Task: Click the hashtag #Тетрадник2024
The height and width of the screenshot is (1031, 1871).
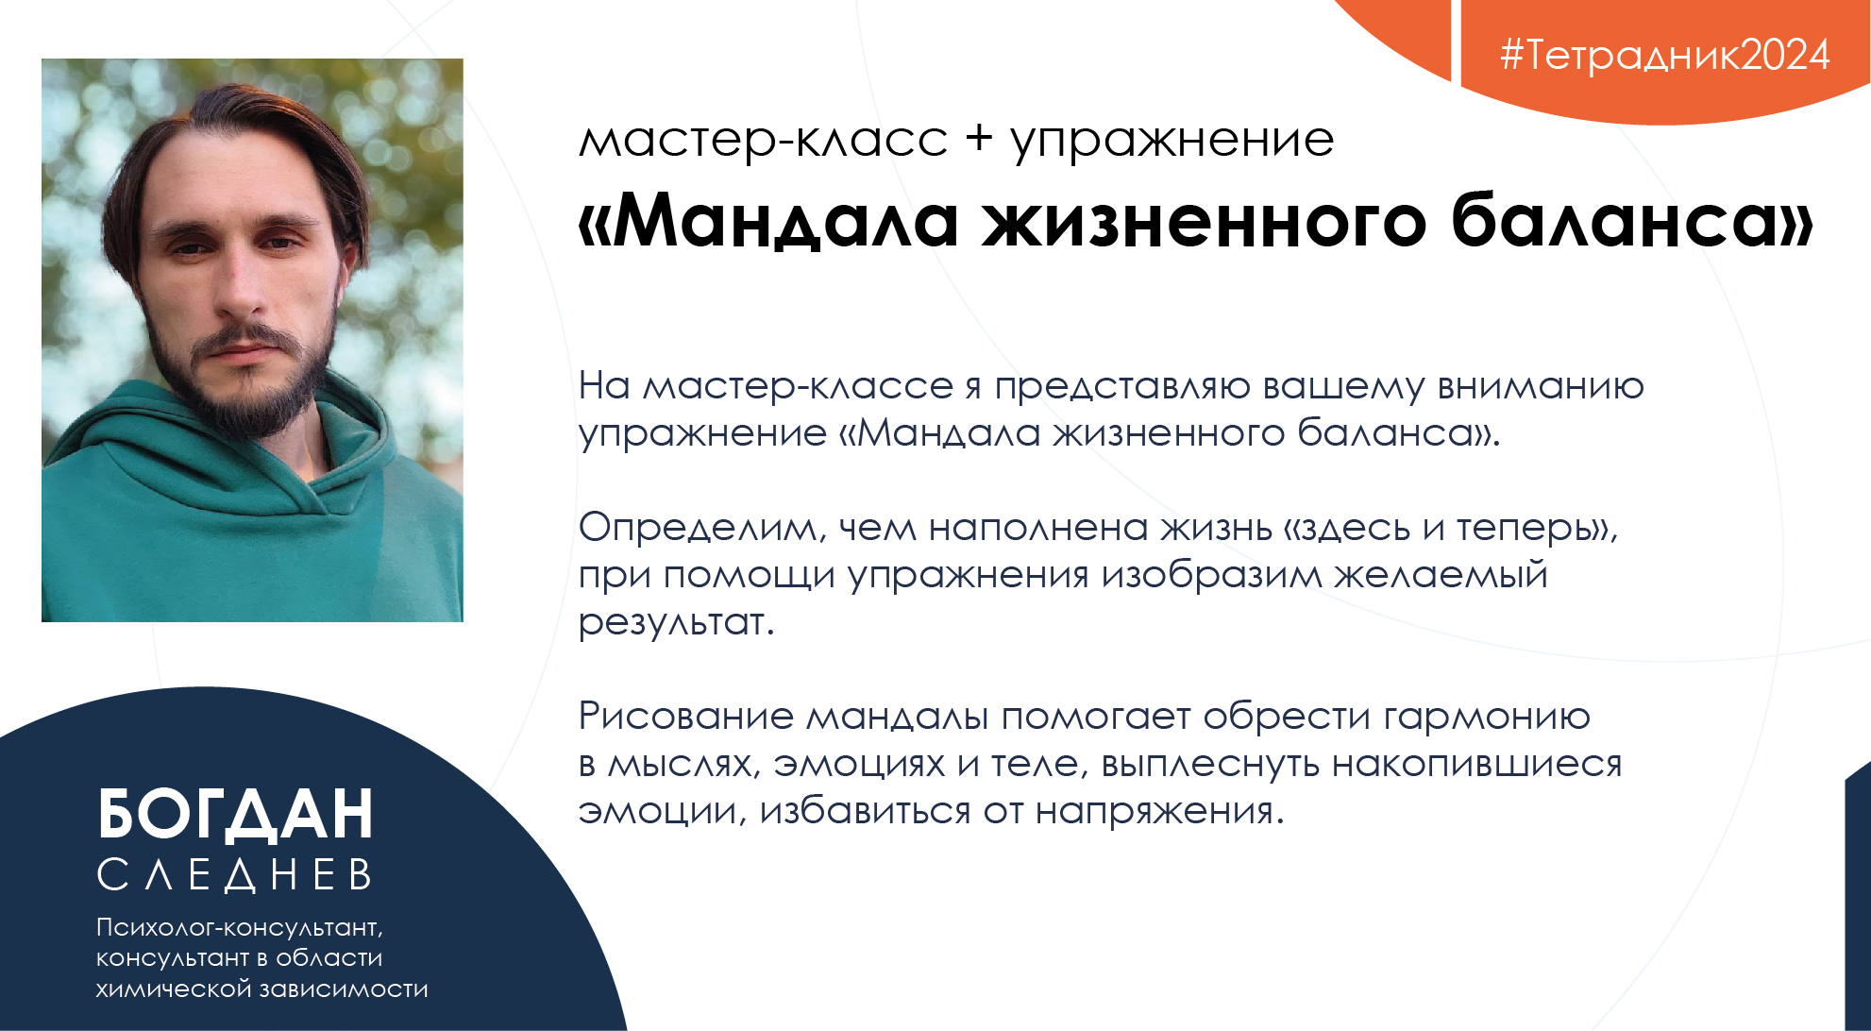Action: (1665, 55)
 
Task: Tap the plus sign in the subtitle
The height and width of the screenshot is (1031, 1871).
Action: (979, 138)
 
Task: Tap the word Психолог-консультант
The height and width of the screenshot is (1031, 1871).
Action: (239, 929)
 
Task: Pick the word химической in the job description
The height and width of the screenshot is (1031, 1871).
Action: (175, 989)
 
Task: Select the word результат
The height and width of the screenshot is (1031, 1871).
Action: (676, 623)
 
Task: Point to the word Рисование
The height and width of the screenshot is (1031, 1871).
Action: (686, 717)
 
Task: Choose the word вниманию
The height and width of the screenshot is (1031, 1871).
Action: (1541, 386)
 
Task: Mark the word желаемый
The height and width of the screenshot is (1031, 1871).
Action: (1441, 575)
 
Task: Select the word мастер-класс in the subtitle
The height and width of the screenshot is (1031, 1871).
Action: (763, 140)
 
